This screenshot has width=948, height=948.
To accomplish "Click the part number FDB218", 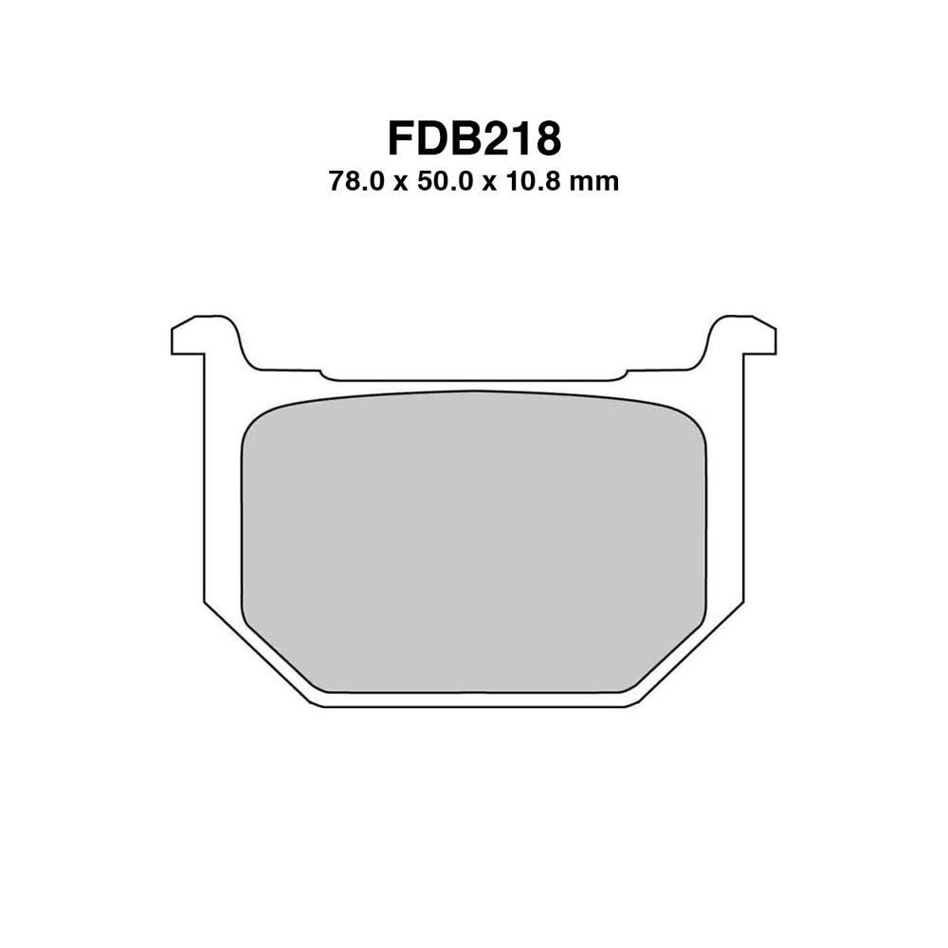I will tap(474, 137).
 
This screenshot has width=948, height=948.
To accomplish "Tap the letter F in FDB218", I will tap(401, 137).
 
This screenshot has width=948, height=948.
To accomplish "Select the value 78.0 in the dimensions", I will tap(355, 181).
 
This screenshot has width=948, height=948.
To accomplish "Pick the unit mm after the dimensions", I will tap(597, 181).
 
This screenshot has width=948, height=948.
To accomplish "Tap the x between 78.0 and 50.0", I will tap(400, 183).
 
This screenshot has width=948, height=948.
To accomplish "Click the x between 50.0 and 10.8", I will tap(490, 183).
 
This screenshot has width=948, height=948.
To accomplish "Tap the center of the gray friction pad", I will tap(474, 540).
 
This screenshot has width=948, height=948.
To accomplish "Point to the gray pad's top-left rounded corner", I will tap(254, 423).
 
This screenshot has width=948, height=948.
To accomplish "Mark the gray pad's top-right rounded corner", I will tap(694, 423).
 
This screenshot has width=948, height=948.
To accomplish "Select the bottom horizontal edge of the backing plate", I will tap(474, 706).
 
